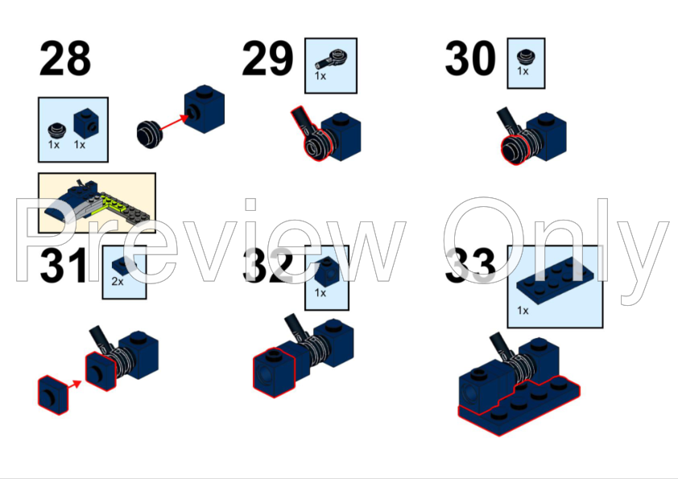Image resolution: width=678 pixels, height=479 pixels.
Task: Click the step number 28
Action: click(x=65, y=58)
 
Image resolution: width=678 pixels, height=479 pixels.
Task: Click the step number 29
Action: click(x=267, y=58)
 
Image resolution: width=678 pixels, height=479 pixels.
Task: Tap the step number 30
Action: click(x=470, y=58)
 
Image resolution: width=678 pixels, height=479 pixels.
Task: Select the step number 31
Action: click(x=63, y=266)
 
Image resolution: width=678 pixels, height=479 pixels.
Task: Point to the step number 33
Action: click(x=470, y=266)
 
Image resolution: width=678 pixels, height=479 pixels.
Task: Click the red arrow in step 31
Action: click(x=74, y=384)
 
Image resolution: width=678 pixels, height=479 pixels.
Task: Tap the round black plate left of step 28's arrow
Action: click(x=150, y=134)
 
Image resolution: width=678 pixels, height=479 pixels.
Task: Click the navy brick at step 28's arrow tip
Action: click(x=205, y=109)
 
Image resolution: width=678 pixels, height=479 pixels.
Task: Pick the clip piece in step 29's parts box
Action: click(x=330, y=60)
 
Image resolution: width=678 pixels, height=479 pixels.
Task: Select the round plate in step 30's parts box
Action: click(x=526, y=57)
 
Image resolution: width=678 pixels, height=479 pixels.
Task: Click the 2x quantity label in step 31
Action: click(x=118, y=282)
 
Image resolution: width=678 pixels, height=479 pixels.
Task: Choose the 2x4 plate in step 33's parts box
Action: click(x=555, y=279)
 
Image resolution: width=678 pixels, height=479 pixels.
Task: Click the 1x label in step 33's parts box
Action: click(x=523, y=311)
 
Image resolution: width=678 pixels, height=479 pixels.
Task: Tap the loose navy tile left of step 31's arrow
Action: click(x=53, y=395)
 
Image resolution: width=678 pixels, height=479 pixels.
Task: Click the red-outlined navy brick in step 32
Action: click(x=273, y=373)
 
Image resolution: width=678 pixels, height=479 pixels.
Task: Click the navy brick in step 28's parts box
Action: click(x=86, y=123)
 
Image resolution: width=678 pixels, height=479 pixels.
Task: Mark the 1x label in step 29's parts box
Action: click(x=320, y=76)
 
